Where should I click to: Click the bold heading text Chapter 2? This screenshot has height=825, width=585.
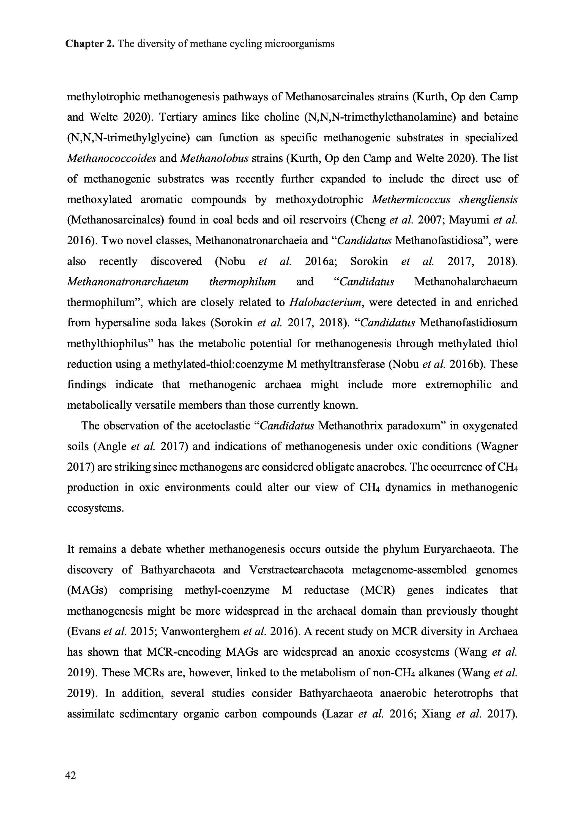coord(90,44)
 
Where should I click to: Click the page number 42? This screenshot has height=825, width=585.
coord(71,775)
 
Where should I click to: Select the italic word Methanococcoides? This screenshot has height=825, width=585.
coord(111,158)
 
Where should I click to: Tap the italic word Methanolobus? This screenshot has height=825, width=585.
coord(214,158)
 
